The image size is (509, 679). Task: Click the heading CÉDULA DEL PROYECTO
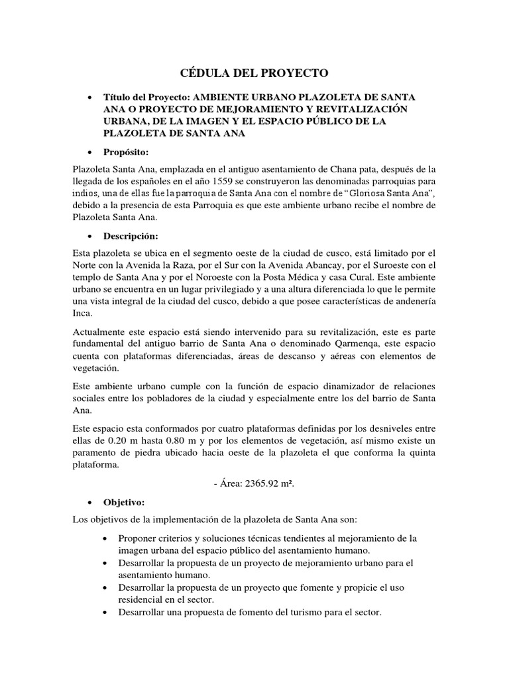tap(254, 73)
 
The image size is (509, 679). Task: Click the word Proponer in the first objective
tap(137, 538)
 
